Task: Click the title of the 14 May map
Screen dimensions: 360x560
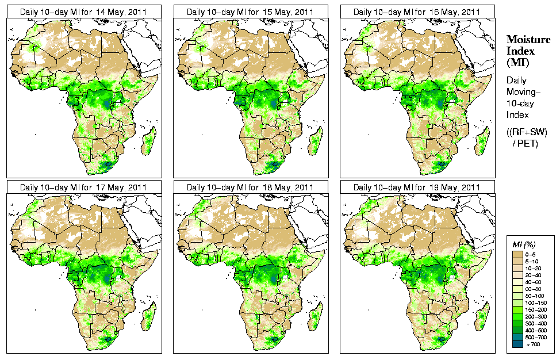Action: coord(83,12)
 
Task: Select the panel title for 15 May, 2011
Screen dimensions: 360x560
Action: coord(250,12)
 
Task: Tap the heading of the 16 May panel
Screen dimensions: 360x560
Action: coord(417,12)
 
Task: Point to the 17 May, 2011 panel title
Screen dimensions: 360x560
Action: coord(83,187)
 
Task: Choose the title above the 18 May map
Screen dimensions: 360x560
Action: coord(250,187)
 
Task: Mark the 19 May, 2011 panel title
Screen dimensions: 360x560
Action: coord(417,187)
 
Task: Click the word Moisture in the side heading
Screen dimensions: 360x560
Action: coord(528,39)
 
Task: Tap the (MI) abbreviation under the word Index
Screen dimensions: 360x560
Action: coord(516,62)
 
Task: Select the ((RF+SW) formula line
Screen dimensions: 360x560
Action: coord(527,132)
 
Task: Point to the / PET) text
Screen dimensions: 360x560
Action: coord(526,143)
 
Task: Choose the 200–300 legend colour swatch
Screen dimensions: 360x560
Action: coord(517,316)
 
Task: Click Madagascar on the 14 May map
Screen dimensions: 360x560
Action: coord(149,141)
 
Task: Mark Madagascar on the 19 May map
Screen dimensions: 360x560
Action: coord(482,317)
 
